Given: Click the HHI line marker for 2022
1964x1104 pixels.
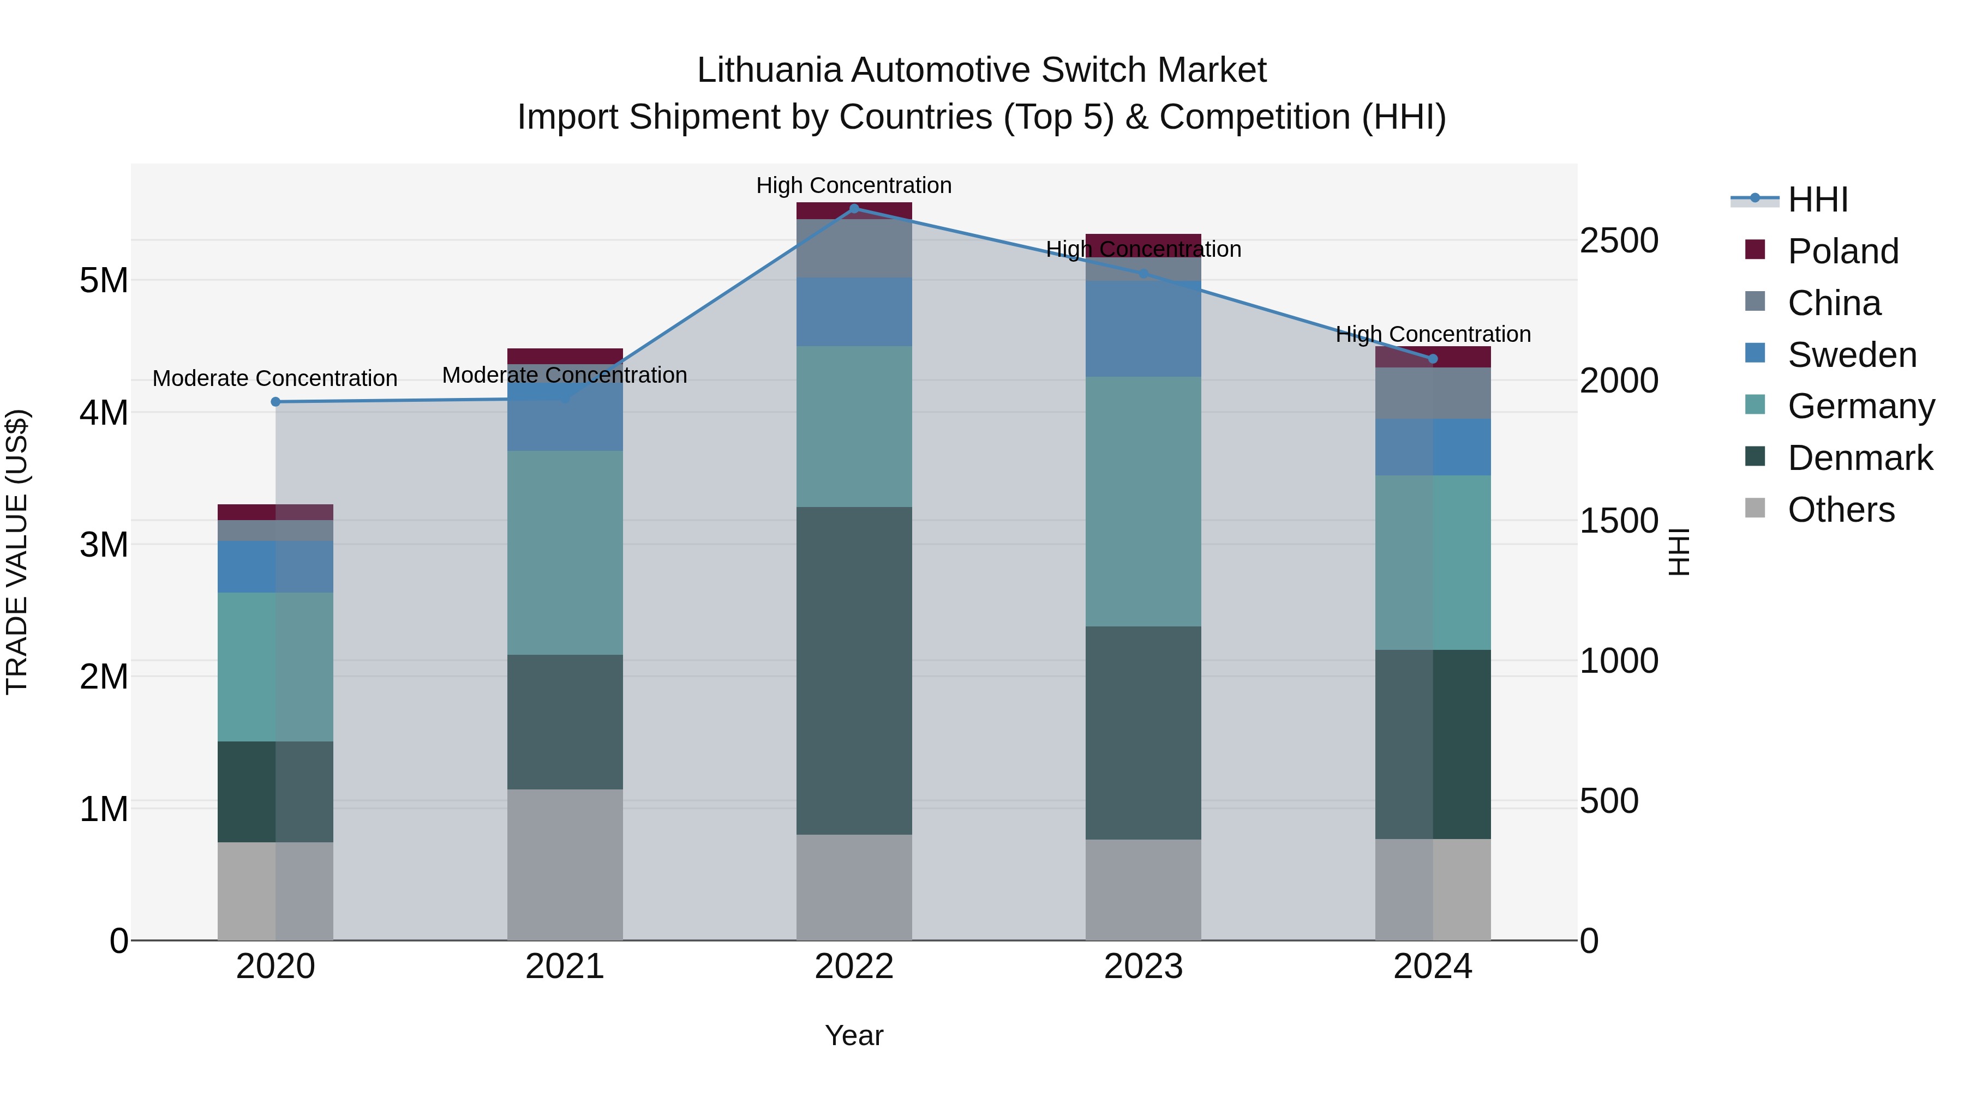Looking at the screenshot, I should pyautogui.click(x=854, y=208).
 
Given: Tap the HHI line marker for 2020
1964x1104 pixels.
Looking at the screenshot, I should pyautogui.click(x=276, y=401).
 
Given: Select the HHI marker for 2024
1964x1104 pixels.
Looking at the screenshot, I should pyautogui.click(x=1433, y=359).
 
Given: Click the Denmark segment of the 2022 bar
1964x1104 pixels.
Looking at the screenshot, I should pyautogui.click(x=854, y=671).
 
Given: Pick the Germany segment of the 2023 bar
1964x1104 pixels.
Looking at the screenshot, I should pyautogui.click(x=1143, y=502).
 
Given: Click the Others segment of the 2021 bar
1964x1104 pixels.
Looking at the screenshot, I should pyautogui.click(x=565, y=864).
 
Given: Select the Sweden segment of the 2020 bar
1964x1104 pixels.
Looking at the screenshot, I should pyautogui.click(x=276, y=567).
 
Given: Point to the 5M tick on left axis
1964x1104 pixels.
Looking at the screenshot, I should pyautogui.click(x=104, y=280).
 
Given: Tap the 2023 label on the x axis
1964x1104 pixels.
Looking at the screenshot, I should pyautogui.click(x=1143, y=966).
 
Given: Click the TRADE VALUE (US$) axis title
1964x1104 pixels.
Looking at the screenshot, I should pyautogui.click(x=17, y=552).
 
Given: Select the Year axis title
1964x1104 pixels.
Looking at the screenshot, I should pyautogui.click(x=854, y=1035).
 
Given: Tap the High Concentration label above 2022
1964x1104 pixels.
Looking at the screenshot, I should pyautogui.click(x=854, y=185).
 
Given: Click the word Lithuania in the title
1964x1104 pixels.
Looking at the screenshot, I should pyautogui.click(x=769, y=70).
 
